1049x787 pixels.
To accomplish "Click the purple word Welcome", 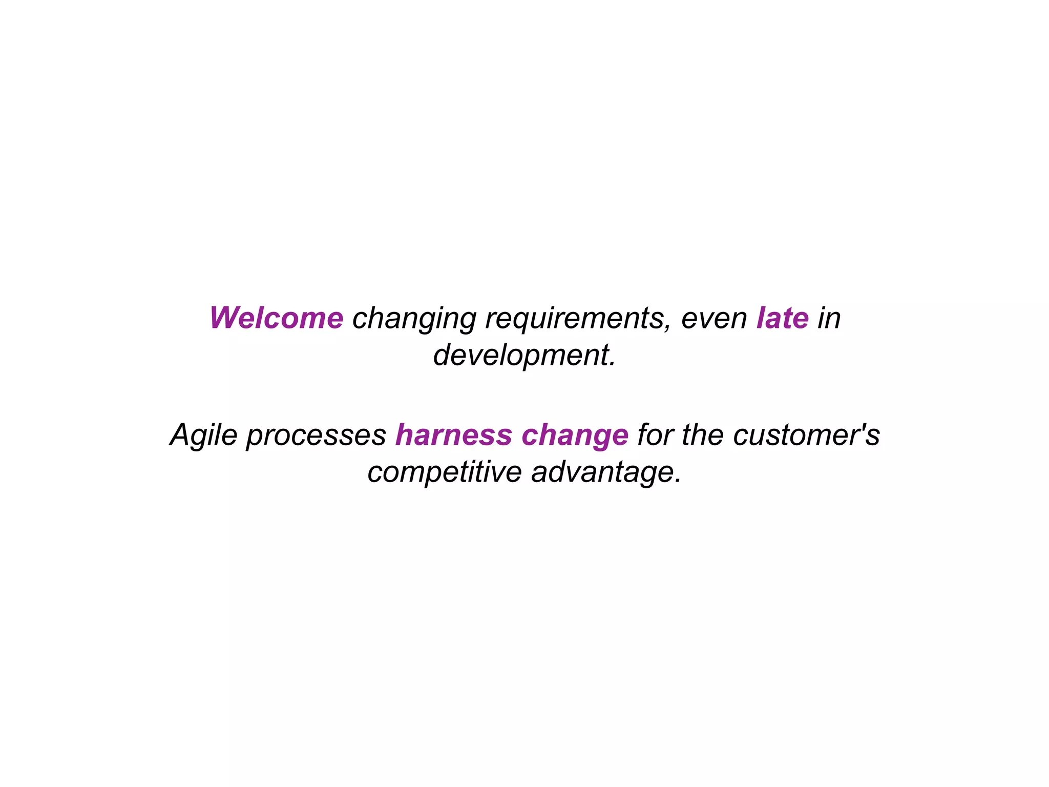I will coord(276,318).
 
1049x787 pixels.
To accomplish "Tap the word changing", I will coord(414,319).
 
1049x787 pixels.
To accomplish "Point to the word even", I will coord(714,319).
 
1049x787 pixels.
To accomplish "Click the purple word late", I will coord(782,318).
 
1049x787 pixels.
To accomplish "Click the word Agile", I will coord(203,436).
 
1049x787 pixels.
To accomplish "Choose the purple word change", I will coord(575,436).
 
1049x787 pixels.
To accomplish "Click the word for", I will coord(655,435).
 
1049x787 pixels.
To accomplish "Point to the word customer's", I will coord(806,435).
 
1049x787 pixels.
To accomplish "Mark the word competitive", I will coord(444,473).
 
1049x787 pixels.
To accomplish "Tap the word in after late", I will coord(829,318).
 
